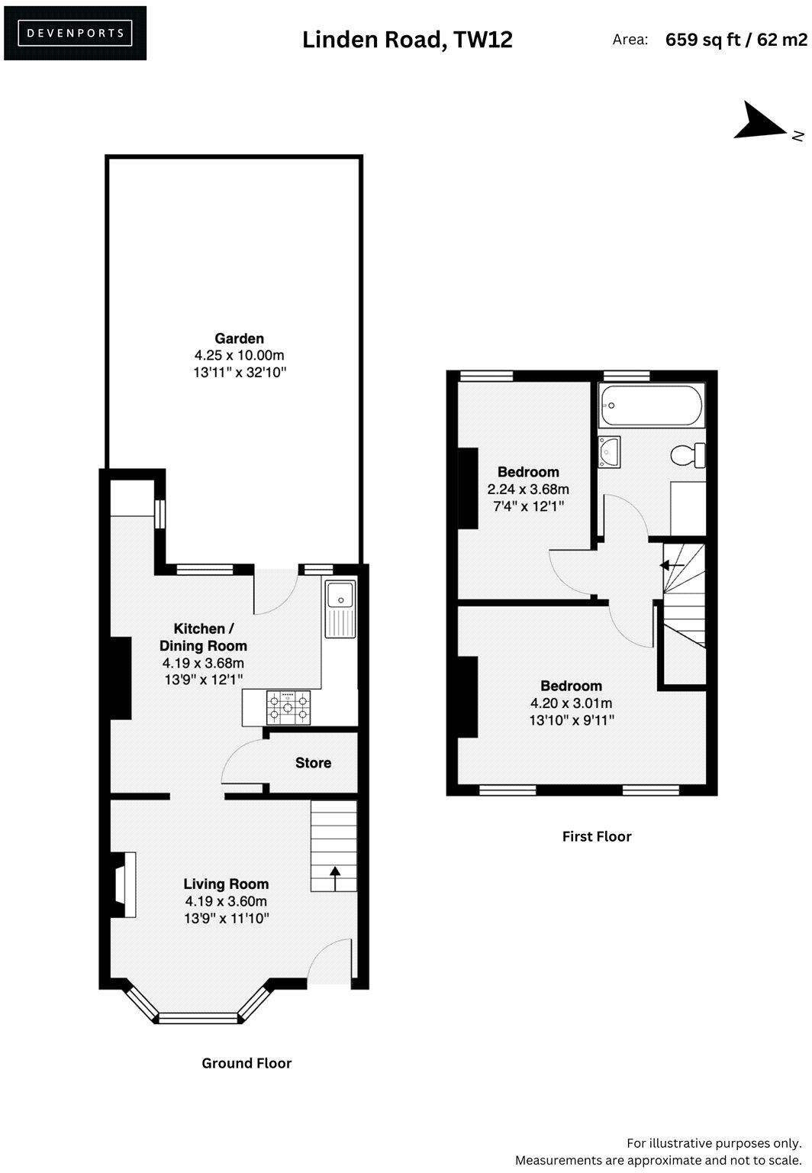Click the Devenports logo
[x=75, y=33]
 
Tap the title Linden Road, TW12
[x=407, y=39]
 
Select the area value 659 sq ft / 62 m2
[x=736, y=40]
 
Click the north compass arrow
[x=760, y=122]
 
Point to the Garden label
[x=239, y=338]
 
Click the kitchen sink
[x=340, y=609]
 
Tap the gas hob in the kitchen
[x=288, y=707]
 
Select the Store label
[x=313, y=763]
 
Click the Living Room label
[x=226, y=884]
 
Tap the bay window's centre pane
[x=199, y=1018]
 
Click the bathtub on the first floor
[x=650, y=405]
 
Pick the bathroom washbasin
[x=609, y=451]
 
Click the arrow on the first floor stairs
[x=672, y=566]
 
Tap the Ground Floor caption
[x=246, y=1063]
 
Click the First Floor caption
[x=597, y=836]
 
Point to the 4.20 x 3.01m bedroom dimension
[x=571, y=703]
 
